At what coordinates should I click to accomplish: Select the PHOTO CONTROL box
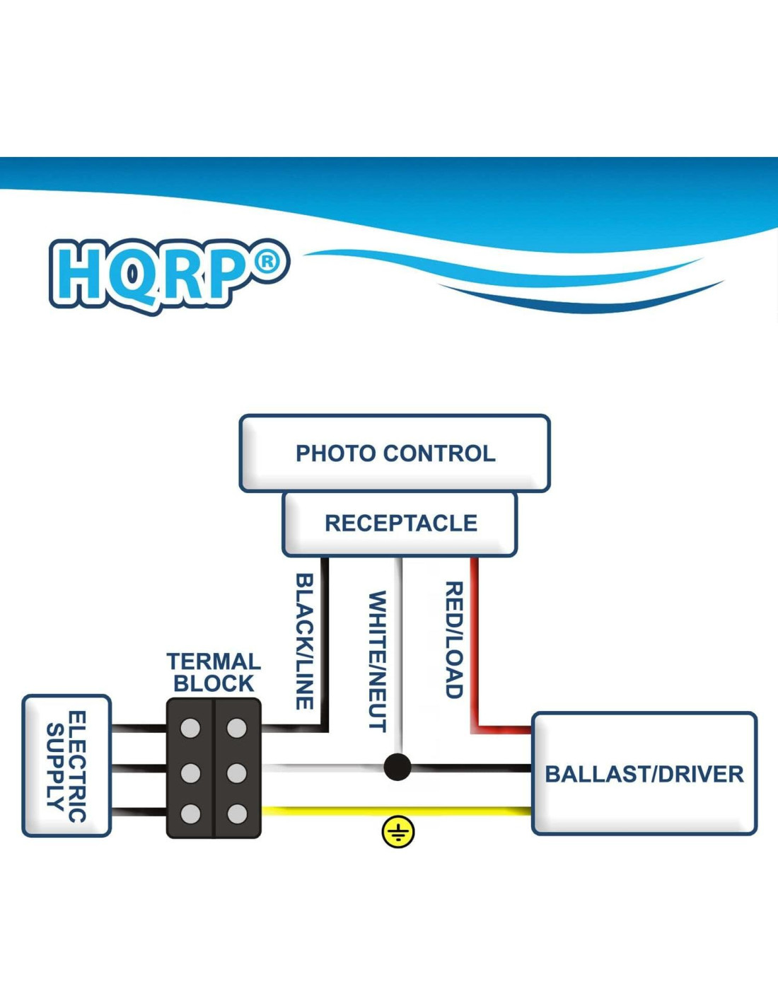click(x=395, y=453)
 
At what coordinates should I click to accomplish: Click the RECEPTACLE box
click(x=400, y=524)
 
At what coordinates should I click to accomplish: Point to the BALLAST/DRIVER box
click(x=644, y=774)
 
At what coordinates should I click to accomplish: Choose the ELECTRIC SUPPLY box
click(x=66, y=766)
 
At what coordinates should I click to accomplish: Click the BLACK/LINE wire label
click(x=304, y=641)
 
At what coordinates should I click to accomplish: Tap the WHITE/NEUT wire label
click(x=378, y=661)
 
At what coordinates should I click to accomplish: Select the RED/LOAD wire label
click(x=454, y=640)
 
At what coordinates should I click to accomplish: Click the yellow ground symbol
click(x=398, y=832)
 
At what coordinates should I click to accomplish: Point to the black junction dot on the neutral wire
click(x=397, y=767)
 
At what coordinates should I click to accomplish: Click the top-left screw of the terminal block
click(x=190, y=728)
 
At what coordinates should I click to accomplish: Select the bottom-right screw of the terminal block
click(x=237, y=814)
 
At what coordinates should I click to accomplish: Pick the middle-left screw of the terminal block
click(x=190, y=773)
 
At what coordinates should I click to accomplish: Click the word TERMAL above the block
click(x=214, y=661)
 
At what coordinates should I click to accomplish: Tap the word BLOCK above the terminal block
click(x=214, y=683)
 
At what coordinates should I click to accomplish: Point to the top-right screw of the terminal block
click(x=237, y=728)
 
